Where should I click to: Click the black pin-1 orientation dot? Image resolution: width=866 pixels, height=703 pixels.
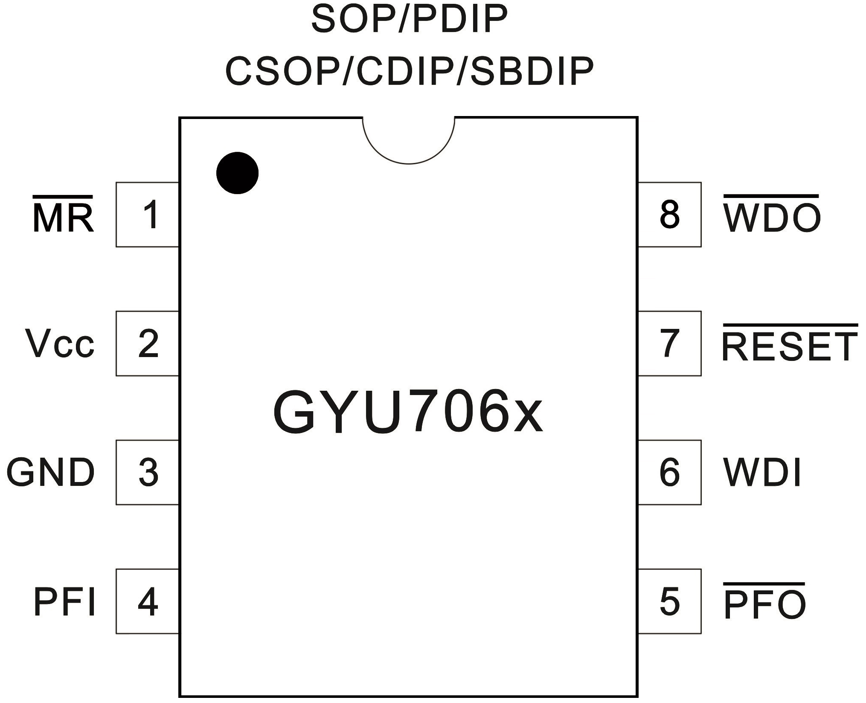[x=237, y=173]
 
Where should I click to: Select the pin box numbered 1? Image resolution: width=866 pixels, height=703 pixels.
[x=148, y=215]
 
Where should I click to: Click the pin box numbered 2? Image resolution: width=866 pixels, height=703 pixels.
[x=148, y=343]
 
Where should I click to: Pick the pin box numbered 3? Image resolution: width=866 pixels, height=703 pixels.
[x=148, y=472]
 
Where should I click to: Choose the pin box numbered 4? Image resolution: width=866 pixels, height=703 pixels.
[x=148, y=601]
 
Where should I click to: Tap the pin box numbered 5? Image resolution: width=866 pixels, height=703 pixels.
[x=669, y=601]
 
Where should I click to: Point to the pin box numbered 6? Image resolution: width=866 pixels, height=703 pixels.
[x=669, y=472]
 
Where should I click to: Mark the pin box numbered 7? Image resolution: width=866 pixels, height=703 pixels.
[x=669, y=343]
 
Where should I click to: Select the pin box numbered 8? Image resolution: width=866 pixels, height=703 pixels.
[x=669, y=215]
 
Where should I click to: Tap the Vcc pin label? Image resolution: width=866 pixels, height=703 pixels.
[x=60, y=344]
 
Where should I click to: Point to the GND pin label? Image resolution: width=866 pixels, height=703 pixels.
[x=50, y=473]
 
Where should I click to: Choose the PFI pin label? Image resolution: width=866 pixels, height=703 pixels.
[x=64, y=601]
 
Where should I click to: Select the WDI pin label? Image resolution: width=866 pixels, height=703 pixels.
[x=762, y=473]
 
